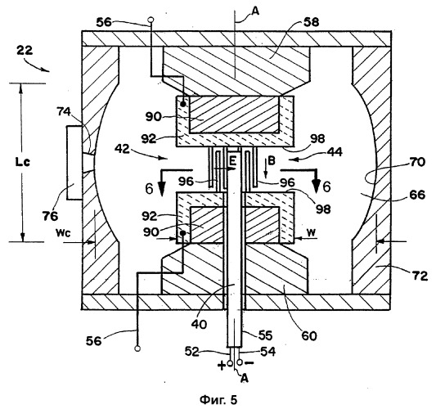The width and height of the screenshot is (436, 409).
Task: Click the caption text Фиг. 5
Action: [x=218, y=400]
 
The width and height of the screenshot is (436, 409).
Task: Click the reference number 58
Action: [x=311, y=22]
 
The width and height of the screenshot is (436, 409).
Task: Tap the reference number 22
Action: [x=25, y=51]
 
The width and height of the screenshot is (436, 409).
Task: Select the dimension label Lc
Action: [x=23, y=163]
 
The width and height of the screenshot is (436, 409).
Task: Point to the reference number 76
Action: [x=51, y=216]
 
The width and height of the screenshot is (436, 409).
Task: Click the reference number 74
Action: [x=64, y=112]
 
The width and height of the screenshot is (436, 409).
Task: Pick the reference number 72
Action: [x=420, y=276]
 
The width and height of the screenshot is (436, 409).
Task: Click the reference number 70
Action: [x=417, y=161]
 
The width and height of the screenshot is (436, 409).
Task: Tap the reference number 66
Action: [x=417, y=195]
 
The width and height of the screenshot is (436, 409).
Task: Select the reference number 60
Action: [x=309, y=336]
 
